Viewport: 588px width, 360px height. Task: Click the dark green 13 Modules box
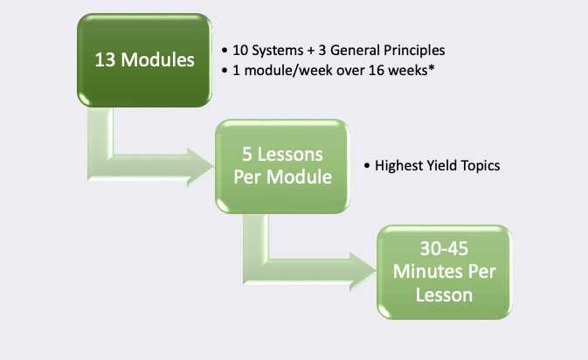pos(144,60)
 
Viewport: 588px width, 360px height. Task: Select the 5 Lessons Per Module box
pos(282,167)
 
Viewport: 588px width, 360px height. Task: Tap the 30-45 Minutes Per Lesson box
pos(445,273)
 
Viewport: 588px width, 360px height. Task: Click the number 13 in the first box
pos(105,60)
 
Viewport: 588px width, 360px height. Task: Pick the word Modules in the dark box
pos(158,60)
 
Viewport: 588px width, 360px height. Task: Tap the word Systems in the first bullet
pos(278,51)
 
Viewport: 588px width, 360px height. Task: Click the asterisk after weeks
pos(432,68)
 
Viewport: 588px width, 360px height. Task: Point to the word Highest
pos(397,166)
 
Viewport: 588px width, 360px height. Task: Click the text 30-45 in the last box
pos(445,249)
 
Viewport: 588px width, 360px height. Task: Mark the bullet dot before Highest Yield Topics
pos(367,165)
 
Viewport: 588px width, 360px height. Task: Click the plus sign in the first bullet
pos(311,51)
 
